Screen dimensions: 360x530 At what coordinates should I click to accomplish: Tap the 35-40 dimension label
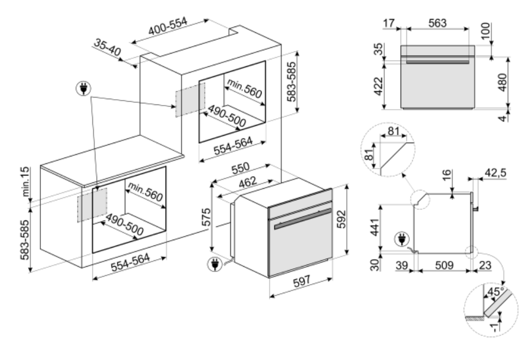point(108,48)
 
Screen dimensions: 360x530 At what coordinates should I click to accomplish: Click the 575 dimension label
point(205,221)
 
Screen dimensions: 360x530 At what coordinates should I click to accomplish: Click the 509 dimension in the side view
point(445,266)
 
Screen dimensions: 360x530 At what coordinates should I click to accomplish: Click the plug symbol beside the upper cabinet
point(83,89)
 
